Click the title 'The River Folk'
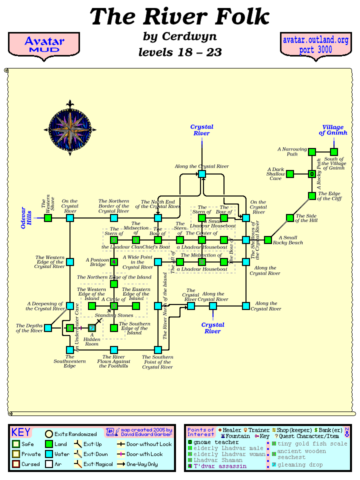179,17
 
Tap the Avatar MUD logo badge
44,45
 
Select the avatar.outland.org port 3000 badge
315,45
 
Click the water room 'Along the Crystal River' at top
201,173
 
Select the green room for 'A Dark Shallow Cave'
289,174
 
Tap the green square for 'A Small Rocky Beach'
267,240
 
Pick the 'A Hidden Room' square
92,328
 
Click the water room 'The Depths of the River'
48,328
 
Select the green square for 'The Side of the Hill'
289,218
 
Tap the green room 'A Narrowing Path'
311,152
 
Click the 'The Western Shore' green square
48,218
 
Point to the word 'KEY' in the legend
21,432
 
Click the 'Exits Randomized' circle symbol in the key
49,434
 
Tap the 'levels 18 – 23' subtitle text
179,52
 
